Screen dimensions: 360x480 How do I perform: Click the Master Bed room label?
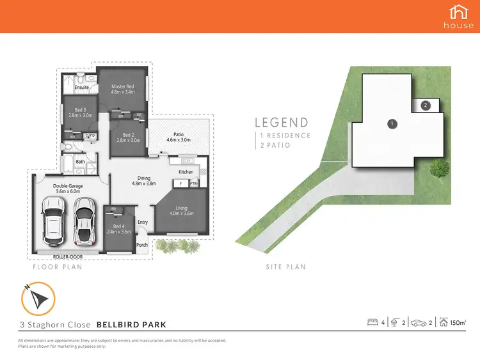[x=122, y=87]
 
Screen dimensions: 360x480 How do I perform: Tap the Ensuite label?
[x=81, y=87]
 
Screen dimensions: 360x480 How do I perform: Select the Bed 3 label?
[x=80, y=109]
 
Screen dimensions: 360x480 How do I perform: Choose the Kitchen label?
[x=186, y=172]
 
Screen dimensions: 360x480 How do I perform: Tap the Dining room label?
[x=144, y=178]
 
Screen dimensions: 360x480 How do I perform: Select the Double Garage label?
[x=67, y=186]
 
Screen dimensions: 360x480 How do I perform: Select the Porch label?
[x=142, y=245]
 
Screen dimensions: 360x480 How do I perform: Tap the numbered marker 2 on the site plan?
[x=426, y=105]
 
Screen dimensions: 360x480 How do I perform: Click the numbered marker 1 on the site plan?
[x=392, y=122]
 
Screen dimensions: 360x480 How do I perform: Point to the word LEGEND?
[x=282, y=122]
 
